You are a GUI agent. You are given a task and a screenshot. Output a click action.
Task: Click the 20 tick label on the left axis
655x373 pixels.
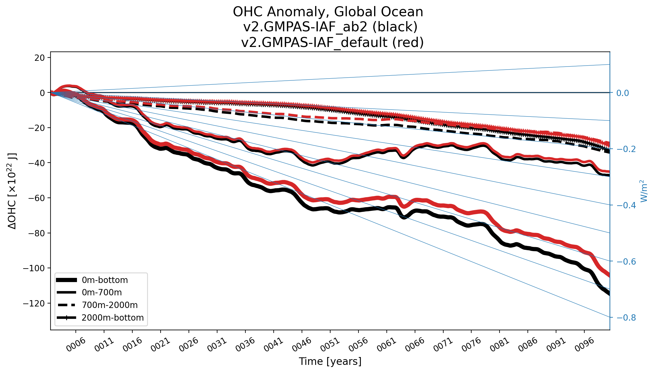point(39,58)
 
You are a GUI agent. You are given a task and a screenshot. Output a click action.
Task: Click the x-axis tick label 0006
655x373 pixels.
point(76,345)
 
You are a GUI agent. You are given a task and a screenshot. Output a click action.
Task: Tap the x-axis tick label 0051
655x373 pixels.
point(330,345)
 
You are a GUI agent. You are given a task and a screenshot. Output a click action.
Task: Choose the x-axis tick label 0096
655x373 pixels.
point(584,345)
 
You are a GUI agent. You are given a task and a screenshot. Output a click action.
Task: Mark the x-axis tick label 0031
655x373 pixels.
point(217,345)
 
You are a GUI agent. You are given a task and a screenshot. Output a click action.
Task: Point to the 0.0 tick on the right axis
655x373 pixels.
point(623,93)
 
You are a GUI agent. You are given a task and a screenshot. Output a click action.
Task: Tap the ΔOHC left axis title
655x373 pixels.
point(12,191)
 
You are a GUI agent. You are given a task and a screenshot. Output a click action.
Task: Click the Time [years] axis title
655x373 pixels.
point(330,361)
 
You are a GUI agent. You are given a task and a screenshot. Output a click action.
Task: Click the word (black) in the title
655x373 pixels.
point(395,27)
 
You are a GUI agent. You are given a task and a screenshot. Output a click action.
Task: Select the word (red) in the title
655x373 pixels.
point(408,42)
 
